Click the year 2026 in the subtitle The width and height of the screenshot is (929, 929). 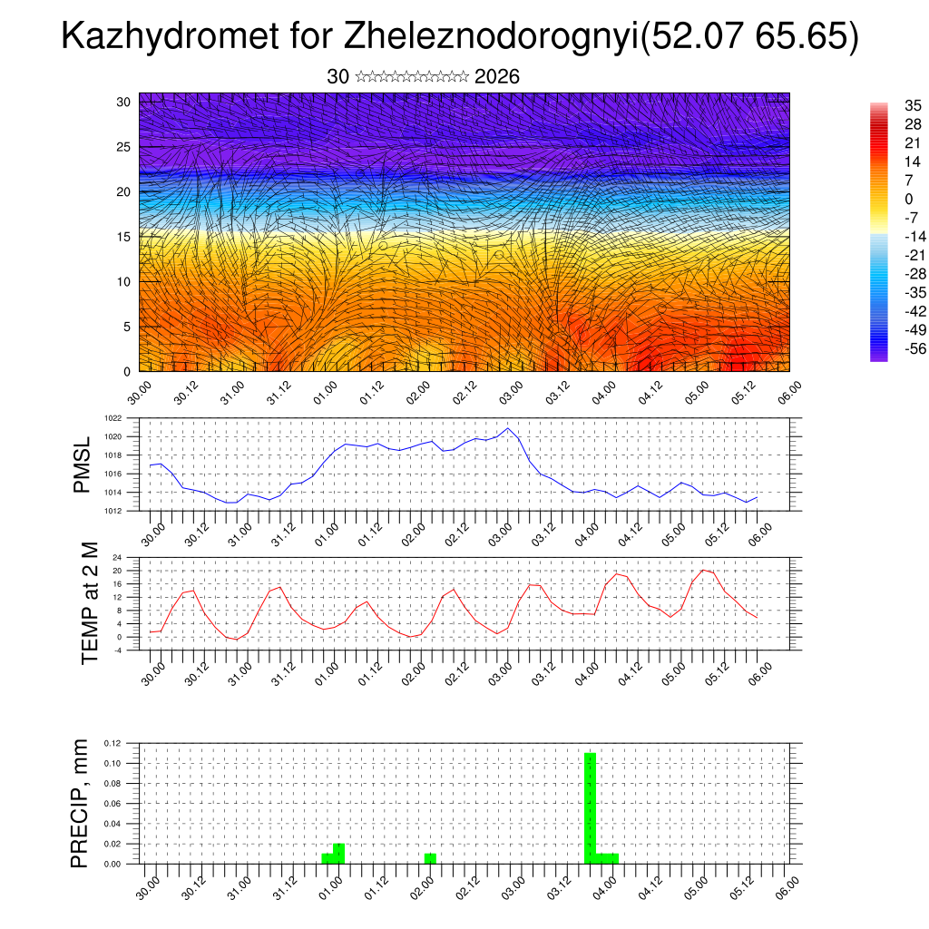[497, 77]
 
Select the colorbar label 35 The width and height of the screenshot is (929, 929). [913, 106]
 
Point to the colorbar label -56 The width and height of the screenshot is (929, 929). [910, 348]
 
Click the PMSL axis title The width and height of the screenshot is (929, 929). [83, 464]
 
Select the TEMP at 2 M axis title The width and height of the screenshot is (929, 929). [90, 603]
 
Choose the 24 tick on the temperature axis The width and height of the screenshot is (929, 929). [118, 557]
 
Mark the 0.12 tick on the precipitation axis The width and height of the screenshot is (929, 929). [113, 743]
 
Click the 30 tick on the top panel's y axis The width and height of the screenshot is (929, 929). [124, 102]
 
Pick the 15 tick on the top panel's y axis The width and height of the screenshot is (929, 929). [124, 237]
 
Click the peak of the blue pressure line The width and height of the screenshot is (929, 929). [508, 428]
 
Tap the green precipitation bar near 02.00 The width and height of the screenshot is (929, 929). [430, 858]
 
